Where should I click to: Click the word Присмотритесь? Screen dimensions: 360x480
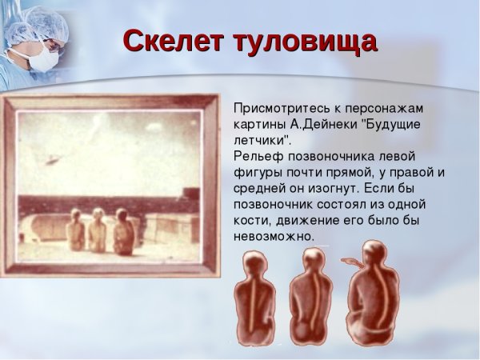tap(282, 107)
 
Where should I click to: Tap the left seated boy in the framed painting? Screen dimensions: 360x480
tap(74, 233)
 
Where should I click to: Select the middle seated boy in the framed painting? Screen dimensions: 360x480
tap(97, 232)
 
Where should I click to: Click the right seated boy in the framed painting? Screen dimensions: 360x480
tap(122, 232)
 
